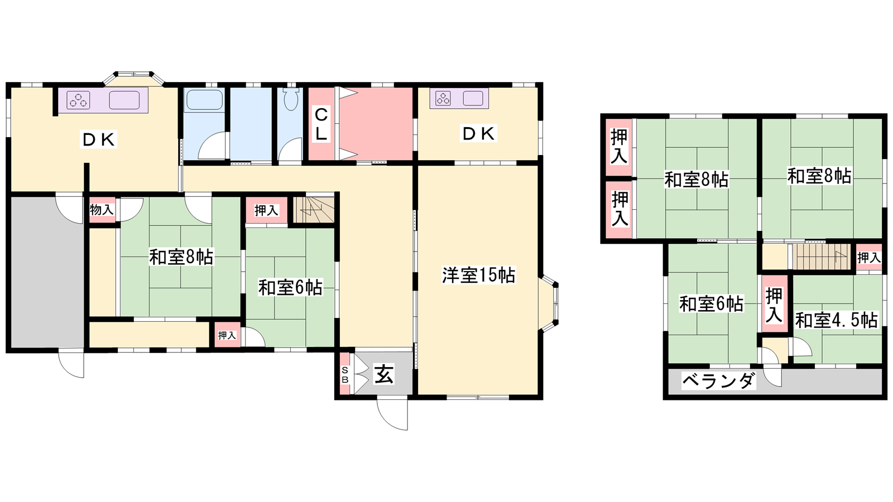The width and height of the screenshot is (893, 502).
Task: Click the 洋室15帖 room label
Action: [x=478, y=276]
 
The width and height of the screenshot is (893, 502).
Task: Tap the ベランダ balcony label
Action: [x=719, y=381]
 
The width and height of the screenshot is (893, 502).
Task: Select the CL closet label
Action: [x=321, y=125]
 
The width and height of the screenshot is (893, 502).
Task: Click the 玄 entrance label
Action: [x=383, y=374]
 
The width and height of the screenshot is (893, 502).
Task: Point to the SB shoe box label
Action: [x=345, y=374]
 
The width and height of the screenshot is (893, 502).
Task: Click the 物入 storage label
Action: [x=102, y=210]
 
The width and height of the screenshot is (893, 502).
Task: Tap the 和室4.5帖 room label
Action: [x=837, y=320]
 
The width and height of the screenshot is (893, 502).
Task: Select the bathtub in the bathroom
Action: [x=204, y=99]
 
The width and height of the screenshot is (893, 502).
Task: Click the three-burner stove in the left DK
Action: [x=78, y=100]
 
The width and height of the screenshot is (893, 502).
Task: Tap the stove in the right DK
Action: [x=443, y=98]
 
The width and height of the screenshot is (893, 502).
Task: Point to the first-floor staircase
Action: [x=314, y=210]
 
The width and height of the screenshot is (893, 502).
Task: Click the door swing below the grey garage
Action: [x=71, y=364]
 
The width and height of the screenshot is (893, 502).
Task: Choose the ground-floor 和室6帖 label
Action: [x=290, y=287]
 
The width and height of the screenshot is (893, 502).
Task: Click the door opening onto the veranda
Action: [x=772, y=376]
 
